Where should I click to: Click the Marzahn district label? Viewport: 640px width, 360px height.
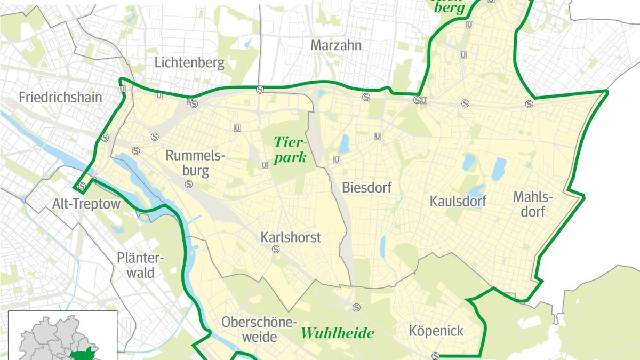click(x=336, y=45)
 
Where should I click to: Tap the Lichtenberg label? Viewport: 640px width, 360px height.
click(x=189, y=63)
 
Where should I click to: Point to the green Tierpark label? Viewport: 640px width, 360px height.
click(x=290, y=149)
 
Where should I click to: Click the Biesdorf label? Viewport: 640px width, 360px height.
click(x=367, y=188)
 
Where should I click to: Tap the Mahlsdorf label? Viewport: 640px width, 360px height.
click(x=533, y=204)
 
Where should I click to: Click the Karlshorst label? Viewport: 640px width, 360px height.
click(x=291, y=237)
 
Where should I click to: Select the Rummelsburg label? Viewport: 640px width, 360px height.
click(x=195, y=164)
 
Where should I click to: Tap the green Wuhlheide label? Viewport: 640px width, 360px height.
click(x=337, y=333)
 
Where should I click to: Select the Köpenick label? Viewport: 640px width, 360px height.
click(x=436, y=331)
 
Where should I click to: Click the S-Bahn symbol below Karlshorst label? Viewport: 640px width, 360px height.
click(x=276, y=249)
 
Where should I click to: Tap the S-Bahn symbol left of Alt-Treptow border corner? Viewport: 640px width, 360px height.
click(x=82, y=186)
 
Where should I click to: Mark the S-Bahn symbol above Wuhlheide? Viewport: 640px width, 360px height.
click(x=356, y=307)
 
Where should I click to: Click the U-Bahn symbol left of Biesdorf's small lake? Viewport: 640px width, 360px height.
click(x=337, y=159)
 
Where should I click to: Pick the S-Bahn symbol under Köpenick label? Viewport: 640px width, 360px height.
click(x=436, y=356)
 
